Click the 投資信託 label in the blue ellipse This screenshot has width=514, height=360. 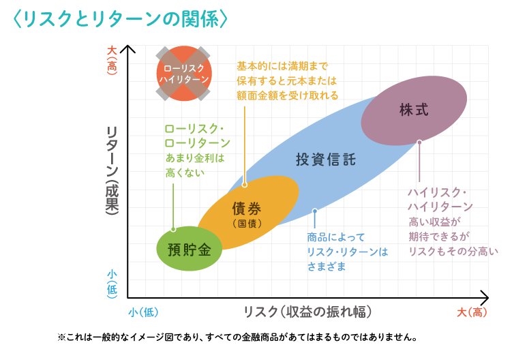326,160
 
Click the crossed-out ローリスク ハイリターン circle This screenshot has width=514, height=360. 184,74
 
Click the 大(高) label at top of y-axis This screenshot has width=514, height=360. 113,60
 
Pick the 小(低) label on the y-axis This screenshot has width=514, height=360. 113,282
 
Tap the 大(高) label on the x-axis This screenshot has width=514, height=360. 472,312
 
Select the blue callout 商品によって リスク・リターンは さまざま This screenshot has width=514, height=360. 347,252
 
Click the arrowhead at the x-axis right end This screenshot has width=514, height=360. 485,297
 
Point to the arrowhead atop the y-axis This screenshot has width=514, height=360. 130,48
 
